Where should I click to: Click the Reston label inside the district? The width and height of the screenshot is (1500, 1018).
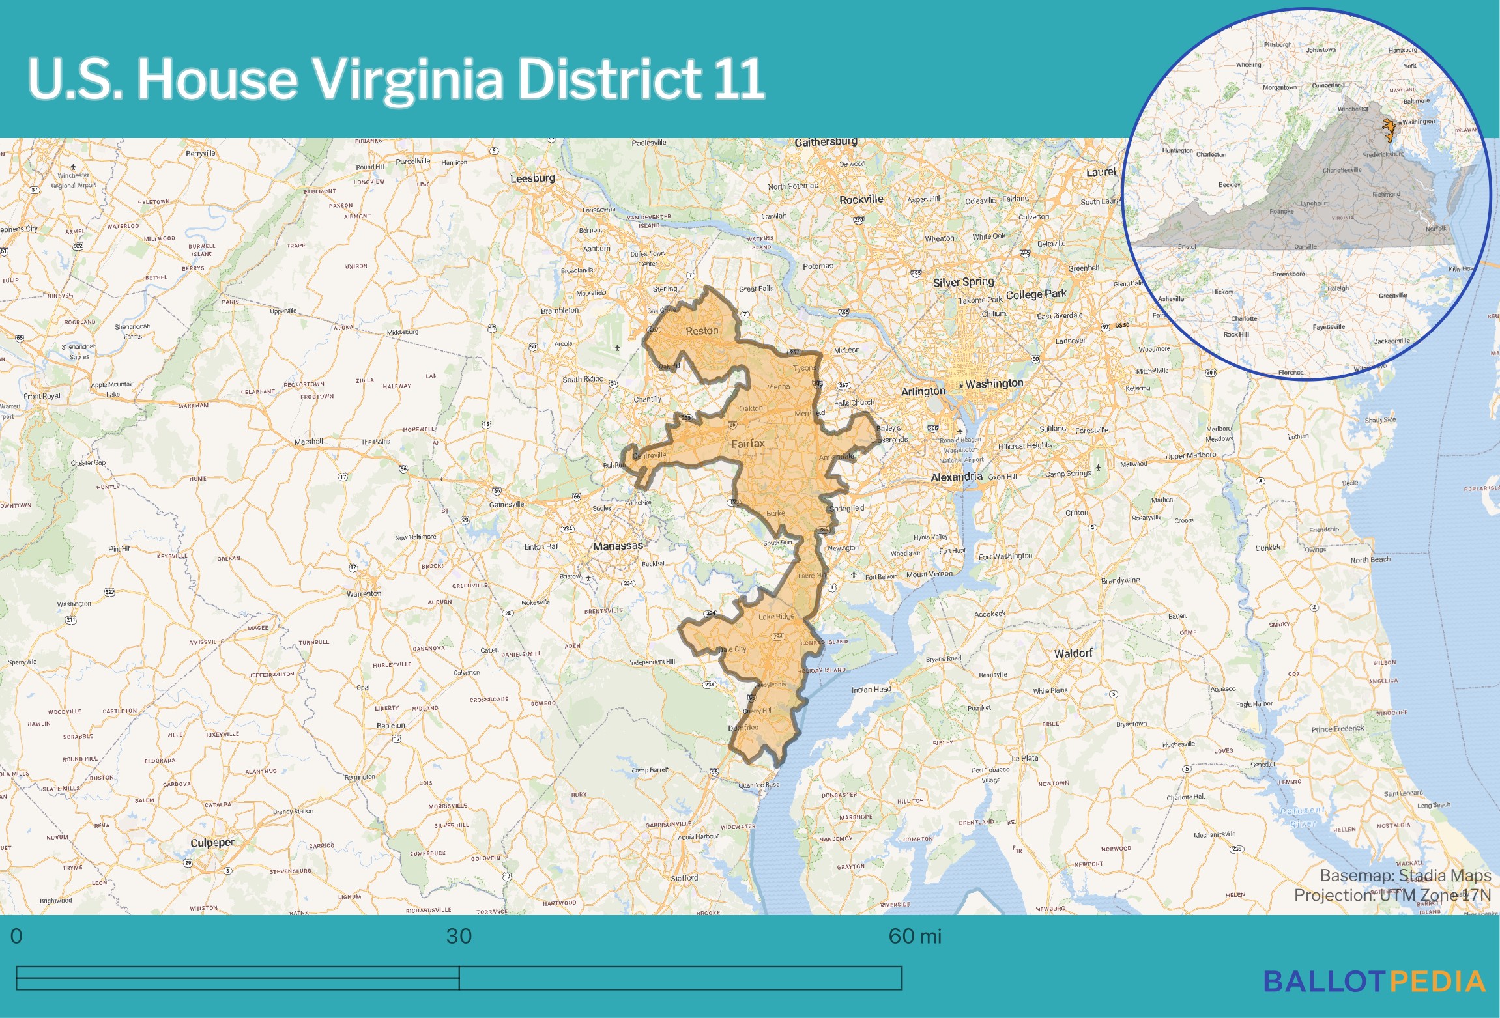tap(702, 331)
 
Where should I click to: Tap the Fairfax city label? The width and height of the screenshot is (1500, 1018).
tap(747, 444)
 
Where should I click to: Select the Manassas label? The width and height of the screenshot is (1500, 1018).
tap(618, 546)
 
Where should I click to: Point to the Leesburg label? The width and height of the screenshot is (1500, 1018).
tap(532, 178)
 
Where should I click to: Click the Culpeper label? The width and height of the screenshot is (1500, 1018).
tap(212, 842)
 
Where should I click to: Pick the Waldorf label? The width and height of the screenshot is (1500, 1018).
tap(1073, 653)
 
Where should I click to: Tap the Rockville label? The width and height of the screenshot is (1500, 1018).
tap(861, 199)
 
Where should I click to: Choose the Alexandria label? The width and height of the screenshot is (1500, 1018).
tap(956, 477)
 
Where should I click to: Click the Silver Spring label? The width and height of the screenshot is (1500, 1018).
tap(963, 282)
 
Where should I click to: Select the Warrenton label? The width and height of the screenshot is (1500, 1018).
tap(364, 593)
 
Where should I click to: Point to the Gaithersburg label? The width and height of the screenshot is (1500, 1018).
tap(826, 142)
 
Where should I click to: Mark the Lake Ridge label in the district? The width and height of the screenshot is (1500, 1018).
tap(776, 616)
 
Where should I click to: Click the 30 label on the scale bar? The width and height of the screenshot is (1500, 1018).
tap(459, 936)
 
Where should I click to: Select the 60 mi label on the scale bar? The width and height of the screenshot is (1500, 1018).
tap(914, 936)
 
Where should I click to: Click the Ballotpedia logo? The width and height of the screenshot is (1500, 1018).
tap(1374, 982)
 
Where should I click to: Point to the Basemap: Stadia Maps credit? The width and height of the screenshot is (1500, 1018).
tap(1405, 875)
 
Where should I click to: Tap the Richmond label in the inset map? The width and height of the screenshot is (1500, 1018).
tap(1385, 194)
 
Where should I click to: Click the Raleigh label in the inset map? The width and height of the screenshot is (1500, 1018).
tap(1338, 288)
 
